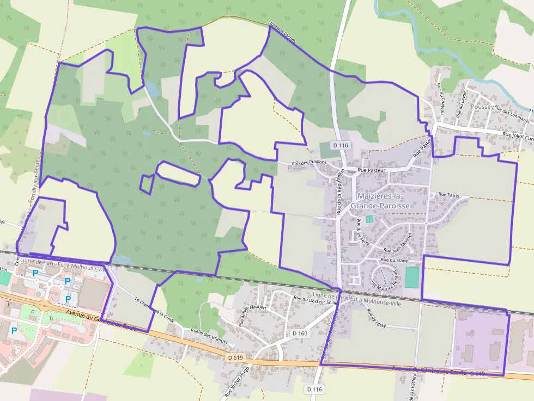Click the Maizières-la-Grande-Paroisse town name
click(380, 201)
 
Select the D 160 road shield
click(300, 333)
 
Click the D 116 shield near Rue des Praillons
click(339, 145)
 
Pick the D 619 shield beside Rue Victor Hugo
click(236, 357)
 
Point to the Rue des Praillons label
click(309, 163)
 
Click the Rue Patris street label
click(449, 194)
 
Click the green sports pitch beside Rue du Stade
click(412, 277)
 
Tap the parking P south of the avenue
click(14, 331)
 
